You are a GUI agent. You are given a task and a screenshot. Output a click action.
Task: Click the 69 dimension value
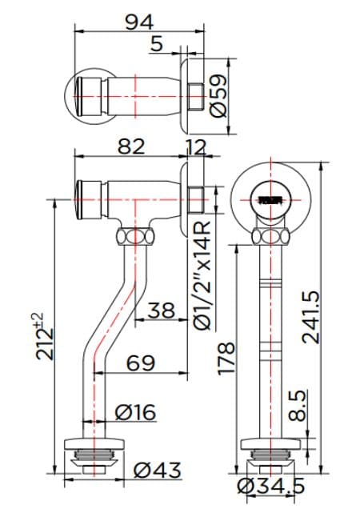point(142,363)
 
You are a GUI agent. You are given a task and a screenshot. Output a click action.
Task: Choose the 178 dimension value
point(226,359)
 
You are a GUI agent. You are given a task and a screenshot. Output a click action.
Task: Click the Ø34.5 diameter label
point(271,485)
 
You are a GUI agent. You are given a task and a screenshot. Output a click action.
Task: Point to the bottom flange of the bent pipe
point(94,445)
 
